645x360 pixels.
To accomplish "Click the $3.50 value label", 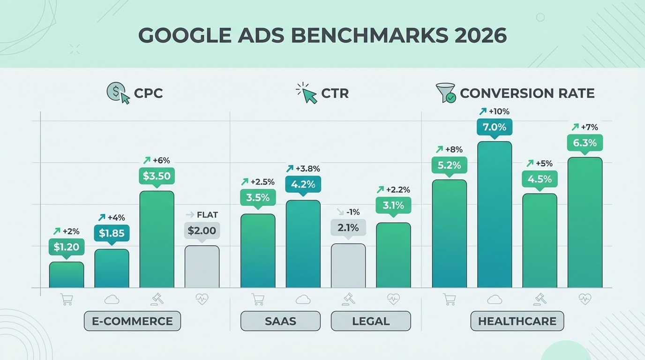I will point(157,176).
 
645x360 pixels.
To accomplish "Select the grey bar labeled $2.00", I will point(202,267).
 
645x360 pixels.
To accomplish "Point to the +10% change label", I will point(494,112).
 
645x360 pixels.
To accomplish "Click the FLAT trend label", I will point(202,215).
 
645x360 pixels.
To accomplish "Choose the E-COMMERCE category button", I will point(132,321).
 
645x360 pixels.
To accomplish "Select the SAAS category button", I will point(280,321).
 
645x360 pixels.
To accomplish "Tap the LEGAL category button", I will point(370,321).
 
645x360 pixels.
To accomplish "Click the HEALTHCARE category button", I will point(517,321).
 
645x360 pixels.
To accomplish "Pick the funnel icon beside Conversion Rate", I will point(445,93).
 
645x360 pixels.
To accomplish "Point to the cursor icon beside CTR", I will point(307,93).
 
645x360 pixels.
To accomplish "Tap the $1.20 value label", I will point(66,247).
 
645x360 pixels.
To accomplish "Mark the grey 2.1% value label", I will point(348,228).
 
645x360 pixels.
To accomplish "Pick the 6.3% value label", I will point(585,142).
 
